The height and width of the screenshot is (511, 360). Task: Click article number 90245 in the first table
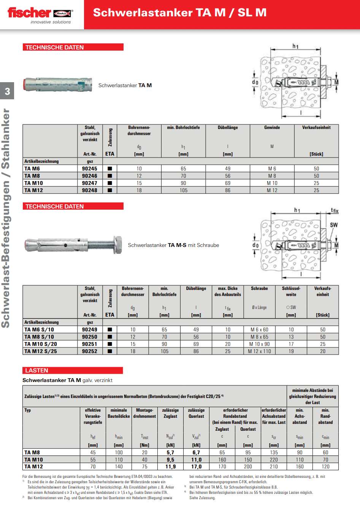pyautogui.click(x=90, y=169)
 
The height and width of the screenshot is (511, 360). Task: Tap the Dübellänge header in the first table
pyautogui.click(x=228, y=127)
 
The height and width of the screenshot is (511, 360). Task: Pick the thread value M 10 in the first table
pyautogui.click(x=272, y=183)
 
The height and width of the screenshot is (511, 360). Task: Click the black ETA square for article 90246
pyautogui.click(x=110, y=176)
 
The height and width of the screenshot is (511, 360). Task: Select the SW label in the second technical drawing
pyautogui.click(x=333, y=225)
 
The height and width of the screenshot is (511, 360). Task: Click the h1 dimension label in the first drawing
pyautogui.click(x=295, y=46)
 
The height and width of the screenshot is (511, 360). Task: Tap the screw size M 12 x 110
pyautogui.click(x=259, y=351)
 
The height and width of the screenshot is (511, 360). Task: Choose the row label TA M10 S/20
pyautogui.click(x=41, y=344)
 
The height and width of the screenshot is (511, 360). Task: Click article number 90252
pyautogui.click(x=90, y=351)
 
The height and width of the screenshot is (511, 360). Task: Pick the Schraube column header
pyautogui.click(x=259, y=288)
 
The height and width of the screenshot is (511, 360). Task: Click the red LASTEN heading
pyautogui.click(x=36, y=370)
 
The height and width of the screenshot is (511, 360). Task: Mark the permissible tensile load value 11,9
pyautogui.click(x=170, y=466)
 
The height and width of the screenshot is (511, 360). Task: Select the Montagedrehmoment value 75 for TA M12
pyautogui.click(x=144, y=466)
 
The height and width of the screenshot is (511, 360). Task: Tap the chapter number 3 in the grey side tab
pyautogui.click(x=7, y=91)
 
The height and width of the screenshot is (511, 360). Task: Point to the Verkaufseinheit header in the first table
pyautogui.click(x=316, y=127)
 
